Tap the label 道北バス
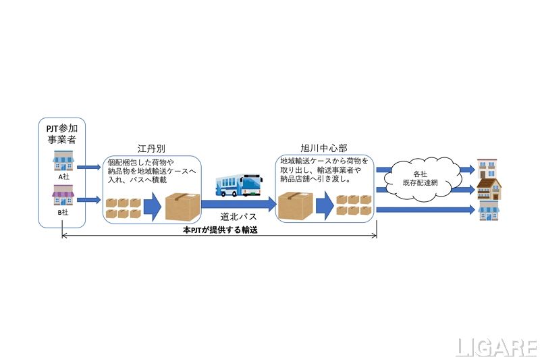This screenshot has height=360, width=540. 238,217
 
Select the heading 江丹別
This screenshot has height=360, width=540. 151,147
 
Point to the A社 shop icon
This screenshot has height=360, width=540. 62,161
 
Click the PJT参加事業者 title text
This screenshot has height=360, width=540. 62,134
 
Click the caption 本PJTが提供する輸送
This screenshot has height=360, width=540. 220,230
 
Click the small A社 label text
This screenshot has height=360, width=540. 62,177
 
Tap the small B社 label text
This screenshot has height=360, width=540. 62,212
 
